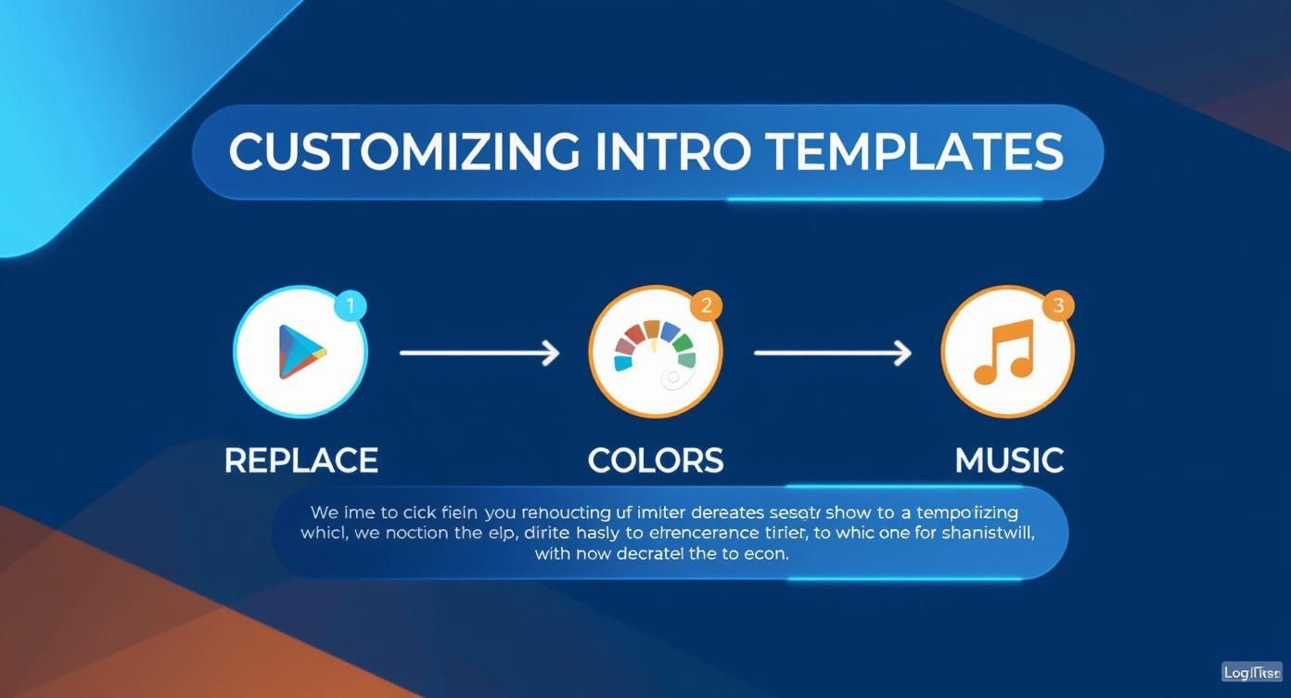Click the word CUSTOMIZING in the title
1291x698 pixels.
click(x=404, y=151)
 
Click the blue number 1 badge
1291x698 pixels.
click(x=350, y=304)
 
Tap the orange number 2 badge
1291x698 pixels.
click(x=706, y=305)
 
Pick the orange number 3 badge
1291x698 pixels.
click(x=1058, y=305)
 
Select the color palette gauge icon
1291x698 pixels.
click(x=656, y=352)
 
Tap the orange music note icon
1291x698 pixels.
click(x=1004, y=352)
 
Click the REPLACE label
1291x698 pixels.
click(x=301, y=460)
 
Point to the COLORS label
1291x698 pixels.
click(x=656, y=460)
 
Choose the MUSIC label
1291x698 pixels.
click(x=1009, y=460)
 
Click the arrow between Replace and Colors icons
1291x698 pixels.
click(x=479, y=353)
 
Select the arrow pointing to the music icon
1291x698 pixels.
click(x=832, y=353)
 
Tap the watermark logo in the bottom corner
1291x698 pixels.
click(x=1251, y=672)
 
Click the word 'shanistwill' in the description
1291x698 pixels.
click(x=989, y=534)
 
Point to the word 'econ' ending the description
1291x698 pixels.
click(x=767, y=554)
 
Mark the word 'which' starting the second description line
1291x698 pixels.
click(x=322, y=534)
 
